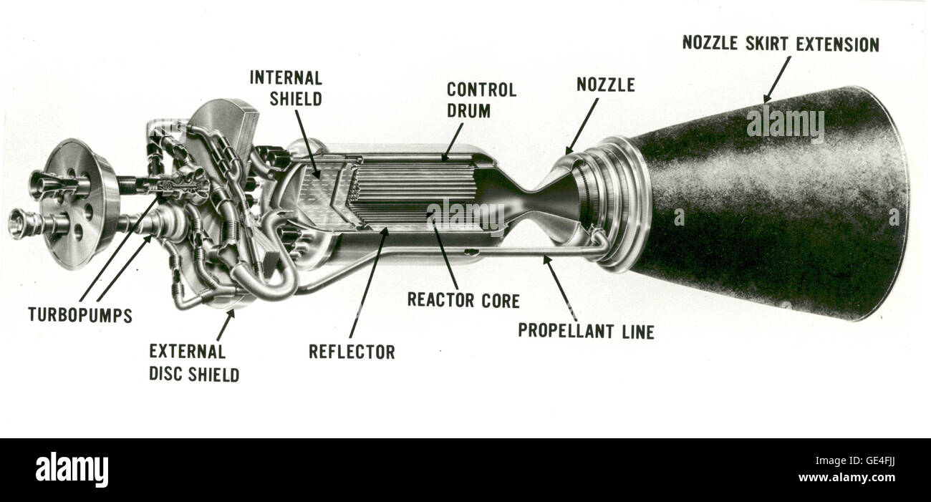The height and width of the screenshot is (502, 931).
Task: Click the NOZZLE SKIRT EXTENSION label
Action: point(780,44)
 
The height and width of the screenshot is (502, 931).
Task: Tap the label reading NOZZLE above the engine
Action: point(605,85)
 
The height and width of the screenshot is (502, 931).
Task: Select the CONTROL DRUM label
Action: point(481,100)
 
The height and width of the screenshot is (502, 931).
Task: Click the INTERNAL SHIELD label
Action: point(286,87)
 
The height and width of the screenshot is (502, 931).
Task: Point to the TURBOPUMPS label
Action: point(79,315)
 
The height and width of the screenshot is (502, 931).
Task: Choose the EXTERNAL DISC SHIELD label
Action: point(193,362)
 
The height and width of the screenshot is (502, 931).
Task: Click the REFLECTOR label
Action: point(351,352)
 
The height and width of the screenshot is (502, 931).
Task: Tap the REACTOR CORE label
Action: point(463,301)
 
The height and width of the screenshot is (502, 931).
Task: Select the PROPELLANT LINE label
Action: point(586,332)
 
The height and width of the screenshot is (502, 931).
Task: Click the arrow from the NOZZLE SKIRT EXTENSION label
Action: point(777,79)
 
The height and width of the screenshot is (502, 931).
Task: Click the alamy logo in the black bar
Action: point(72,470)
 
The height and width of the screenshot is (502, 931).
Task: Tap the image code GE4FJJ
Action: point(878,460)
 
